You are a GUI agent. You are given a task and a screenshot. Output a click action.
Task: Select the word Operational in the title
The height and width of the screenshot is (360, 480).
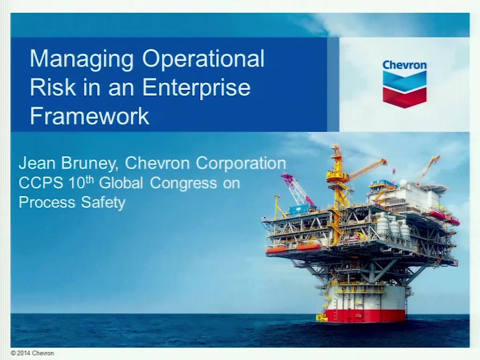203,59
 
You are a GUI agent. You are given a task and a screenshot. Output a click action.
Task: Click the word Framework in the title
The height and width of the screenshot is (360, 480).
90,116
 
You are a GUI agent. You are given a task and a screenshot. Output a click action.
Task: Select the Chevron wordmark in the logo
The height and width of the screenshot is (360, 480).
405,65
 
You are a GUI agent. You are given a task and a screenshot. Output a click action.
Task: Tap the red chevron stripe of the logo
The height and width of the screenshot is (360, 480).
405,97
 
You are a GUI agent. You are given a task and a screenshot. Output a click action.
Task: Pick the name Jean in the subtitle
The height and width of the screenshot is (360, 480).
37,163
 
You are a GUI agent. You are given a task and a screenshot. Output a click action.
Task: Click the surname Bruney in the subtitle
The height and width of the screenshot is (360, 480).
90,164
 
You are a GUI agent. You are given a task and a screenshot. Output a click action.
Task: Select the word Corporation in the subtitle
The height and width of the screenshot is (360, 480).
240,164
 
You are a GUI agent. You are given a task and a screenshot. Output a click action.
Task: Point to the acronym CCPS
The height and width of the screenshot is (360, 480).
41,183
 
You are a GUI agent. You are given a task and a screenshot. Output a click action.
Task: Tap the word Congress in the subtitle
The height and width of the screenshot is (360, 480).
183,184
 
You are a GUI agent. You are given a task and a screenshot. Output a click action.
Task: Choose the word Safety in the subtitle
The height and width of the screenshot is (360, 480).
103,202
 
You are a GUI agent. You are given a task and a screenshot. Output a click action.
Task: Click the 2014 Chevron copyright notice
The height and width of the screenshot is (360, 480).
32,353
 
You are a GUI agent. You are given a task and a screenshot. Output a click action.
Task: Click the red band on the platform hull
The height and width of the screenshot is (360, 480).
366,315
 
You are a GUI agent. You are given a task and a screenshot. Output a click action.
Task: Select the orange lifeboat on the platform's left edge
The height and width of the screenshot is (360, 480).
277,249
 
